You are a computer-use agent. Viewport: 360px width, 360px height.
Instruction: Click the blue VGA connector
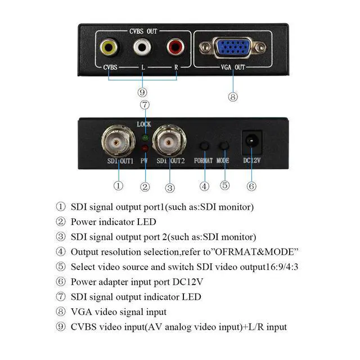click(x=233, y=49)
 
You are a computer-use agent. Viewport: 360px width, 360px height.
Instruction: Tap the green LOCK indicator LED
click(x=145, y=137)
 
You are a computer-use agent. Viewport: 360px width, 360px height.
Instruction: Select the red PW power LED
click(x=145, y=148)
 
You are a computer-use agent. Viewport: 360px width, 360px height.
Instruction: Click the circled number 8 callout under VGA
click(x=233, y=96)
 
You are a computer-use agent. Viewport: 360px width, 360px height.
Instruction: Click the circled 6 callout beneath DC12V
click(x=251, y=186)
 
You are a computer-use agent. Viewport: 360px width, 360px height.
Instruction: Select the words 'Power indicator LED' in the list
click(x=113, y=222)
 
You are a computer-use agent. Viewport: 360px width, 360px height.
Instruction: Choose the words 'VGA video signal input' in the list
click(x=118, y=312)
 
